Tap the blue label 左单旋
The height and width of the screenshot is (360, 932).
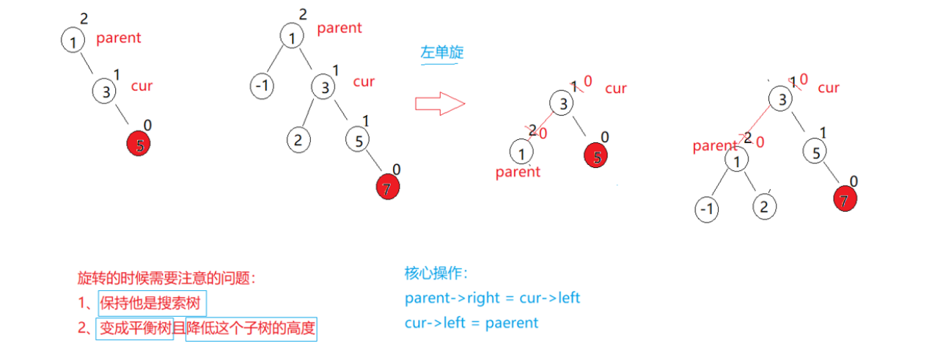[441, 53]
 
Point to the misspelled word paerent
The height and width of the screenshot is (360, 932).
[512, 322]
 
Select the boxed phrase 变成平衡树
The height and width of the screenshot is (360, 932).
[135, 328]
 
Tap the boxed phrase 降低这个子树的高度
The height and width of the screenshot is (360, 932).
[251, 328]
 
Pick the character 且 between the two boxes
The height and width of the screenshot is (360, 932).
[179, 328]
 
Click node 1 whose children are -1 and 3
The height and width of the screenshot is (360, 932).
[292, 37]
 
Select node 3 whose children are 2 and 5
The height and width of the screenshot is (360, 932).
[323, 87]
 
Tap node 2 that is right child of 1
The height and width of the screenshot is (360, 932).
[764, 207]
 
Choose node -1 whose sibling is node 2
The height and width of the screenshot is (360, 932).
[707, 210]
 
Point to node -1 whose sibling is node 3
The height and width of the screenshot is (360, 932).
[261, 87]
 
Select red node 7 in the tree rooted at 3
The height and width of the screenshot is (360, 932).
[845, 199]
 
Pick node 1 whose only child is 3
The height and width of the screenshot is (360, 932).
[73, 42]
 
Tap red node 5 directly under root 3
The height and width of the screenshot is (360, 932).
[597, 155]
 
